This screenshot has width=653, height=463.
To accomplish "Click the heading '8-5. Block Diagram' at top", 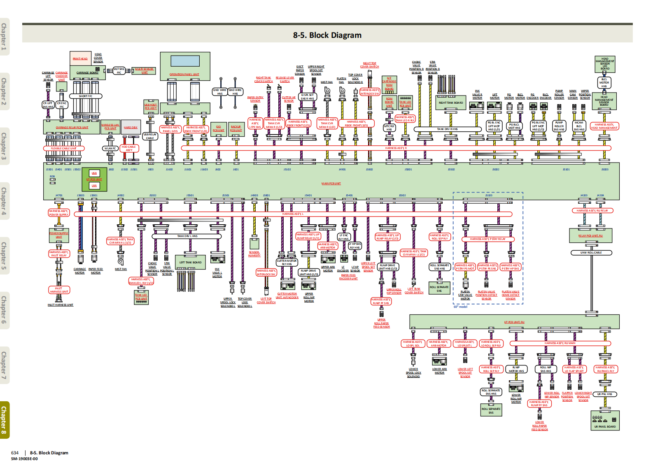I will [x=327, y=35].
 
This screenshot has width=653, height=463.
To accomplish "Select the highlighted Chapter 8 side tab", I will [x=4, y=420].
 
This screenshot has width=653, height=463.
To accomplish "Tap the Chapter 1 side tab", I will [x=4, y=37].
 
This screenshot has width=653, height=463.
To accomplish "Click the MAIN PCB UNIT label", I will [x=331, y=184].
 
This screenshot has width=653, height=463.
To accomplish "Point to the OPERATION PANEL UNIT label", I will [x=184, y=74].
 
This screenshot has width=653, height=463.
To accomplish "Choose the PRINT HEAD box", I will [x=80, y=58].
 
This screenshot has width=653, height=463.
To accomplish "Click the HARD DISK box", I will [x=131, y=127].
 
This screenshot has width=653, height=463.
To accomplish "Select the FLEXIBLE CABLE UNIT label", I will [x=64, y=149].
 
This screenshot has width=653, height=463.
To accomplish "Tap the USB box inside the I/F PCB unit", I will [x=94, y=173].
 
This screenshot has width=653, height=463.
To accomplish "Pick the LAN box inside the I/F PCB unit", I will [x=94, y=186].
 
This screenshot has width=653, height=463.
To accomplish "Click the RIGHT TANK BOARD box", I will [x=451, y=103].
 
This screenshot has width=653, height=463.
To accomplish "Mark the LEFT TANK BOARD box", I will [x=190, y=263].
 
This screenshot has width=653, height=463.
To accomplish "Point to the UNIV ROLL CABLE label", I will [x=591, y=253].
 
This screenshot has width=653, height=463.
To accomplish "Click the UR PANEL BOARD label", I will [x=605, y=426].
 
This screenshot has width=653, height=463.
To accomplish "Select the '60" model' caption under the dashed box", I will [x=460, y=307].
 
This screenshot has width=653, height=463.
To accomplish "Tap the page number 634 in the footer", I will [x=15, y=453].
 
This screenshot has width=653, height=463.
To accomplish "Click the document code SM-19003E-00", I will [x=24, y=458].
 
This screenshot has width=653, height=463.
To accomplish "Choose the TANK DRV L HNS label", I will [x=187, y=236].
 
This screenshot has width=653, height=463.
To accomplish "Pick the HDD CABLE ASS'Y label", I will [x=129, y=148].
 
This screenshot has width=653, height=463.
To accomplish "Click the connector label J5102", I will [x=287, y=169].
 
